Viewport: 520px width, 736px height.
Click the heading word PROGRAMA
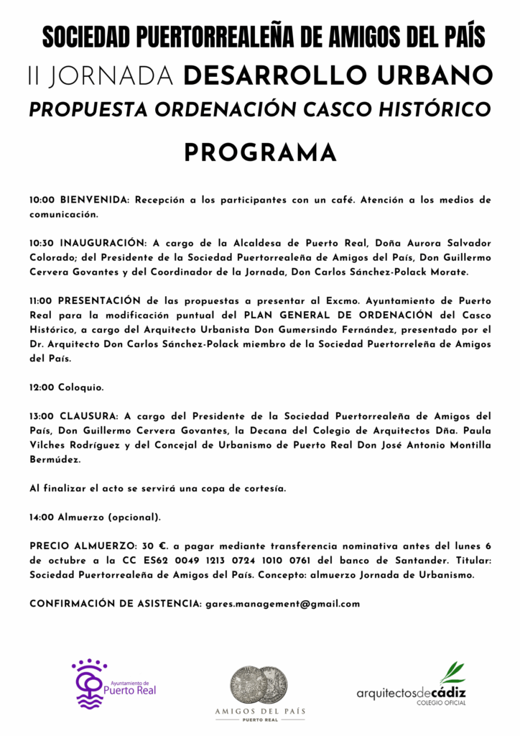point(260,152)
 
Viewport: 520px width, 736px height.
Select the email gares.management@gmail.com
point(282,604)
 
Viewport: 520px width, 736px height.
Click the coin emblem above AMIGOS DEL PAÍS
point(259,684)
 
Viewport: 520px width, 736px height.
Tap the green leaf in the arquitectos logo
point(452,673)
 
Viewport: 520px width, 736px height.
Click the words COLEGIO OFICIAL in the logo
point(441,702)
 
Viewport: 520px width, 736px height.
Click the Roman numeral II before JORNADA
point(34,75)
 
